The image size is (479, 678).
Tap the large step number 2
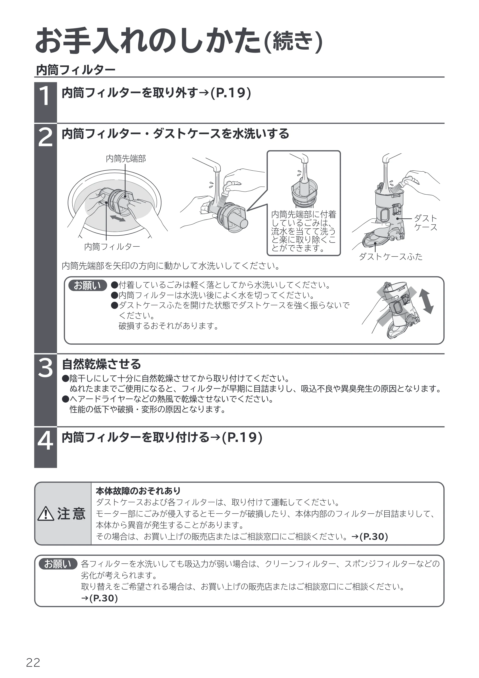click(x=45, y=136)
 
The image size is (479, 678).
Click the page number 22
click(x=33, y=663)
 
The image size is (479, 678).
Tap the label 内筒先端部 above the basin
click(x=126, y=159)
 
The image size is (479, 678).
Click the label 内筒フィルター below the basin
click(x=112, y=247)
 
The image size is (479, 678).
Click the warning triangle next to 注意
click(x=46, y=514)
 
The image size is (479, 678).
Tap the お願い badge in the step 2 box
click(x=87, y=285)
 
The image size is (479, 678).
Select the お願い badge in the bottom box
click(x=58, y=564)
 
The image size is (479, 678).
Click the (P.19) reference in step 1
click(x=231, y=93)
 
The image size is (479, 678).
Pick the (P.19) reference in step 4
click(x=242, y=438)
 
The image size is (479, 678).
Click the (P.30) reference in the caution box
click(x=374, y=537)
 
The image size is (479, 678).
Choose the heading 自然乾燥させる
click(x=101, y=364)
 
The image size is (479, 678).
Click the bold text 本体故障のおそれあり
click(x=138, y=491)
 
